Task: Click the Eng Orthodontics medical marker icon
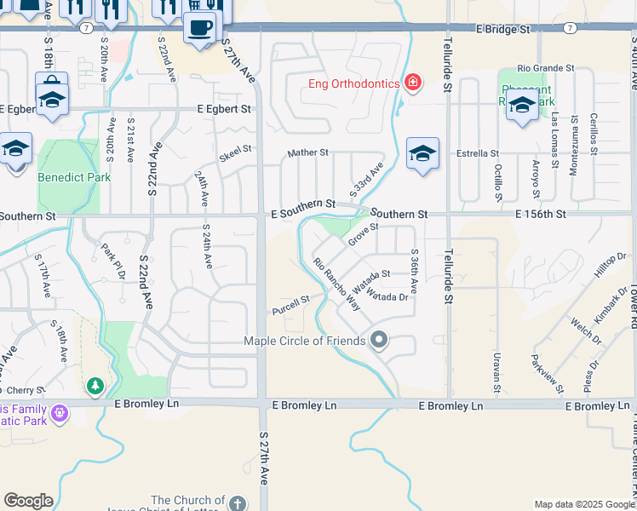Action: click(413, 82)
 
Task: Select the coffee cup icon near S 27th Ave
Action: click(200, 26)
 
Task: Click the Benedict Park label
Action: click(62, 178)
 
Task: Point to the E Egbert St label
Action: click(225, 109)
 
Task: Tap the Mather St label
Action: click(307, 152)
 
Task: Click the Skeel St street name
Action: click(236, 152)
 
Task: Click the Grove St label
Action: click(363, 233)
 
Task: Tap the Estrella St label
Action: click(477, 153)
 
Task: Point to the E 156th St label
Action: click(541, 215)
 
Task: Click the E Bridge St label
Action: click(503, 29)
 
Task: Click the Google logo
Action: click(28, 501)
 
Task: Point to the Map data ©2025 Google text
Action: click(583, 504)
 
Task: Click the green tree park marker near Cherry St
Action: click(95, 388)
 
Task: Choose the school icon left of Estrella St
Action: click(422, 152)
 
